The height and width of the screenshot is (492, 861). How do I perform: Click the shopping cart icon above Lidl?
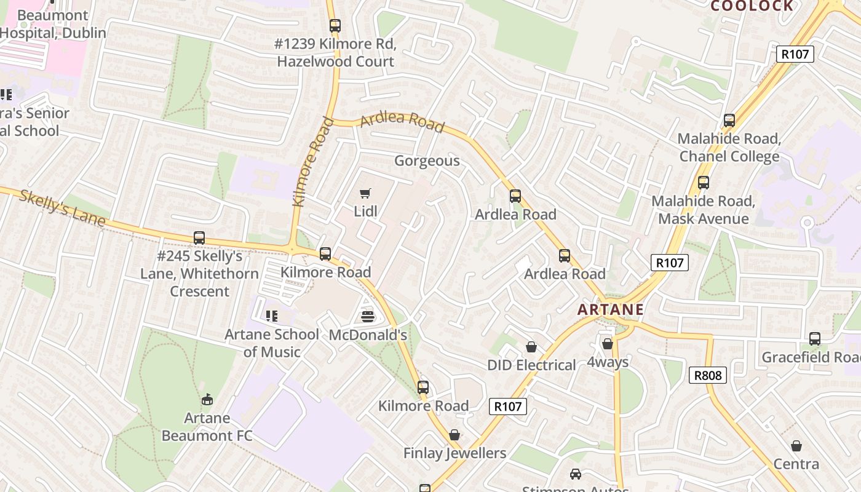tap(365, 194)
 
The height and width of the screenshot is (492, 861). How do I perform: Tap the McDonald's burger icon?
tap(368, 317)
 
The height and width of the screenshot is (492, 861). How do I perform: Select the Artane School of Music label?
tap(272, 343)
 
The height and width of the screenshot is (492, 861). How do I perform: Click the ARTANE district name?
tap(611, 309)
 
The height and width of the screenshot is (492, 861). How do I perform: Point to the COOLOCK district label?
tap(752, 6)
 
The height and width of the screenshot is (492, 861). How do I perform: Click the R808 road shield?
tap(708, 375)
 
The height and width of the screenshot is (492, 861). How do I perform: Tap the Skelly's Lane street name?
tap(62, 207)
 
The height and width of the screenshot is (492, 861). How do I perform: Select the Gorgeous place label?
tap(427, 161)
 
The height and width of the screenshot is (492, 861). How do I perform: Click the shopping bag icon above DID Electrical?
tap(531, 347)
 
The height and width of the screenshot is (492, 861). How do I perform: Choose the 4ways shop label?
tap(608, 362)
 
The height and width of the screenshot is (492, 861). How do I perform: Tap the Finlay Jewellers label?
tap(454, 453)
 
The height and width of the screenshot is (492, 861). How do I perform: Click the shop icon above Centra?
tap(796, 446)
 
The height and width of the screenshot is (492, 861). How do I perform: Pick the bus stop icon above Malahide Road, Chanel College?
tap(729, 121)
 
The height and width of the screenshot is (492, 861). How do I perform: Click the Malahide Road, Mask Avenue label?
tap(703, 210)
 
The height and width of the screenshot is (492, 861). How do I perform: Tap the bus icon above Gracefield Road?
tap(815, 338)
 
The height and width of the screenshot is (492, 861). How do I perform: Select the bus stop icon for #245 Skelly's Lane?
tap(199, 238)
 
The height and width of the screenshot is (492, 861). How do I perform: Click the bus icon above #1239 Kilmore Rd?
tap(335, 26)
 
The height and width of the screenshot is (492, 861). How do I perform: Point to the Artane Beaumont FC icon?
tap(207, 400)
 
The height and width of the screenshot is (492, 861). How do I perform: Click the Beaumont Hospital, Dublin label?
tap(53, 24)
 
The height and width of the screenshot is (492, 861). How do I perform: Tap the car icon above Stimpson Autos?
tap(576, 474)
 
